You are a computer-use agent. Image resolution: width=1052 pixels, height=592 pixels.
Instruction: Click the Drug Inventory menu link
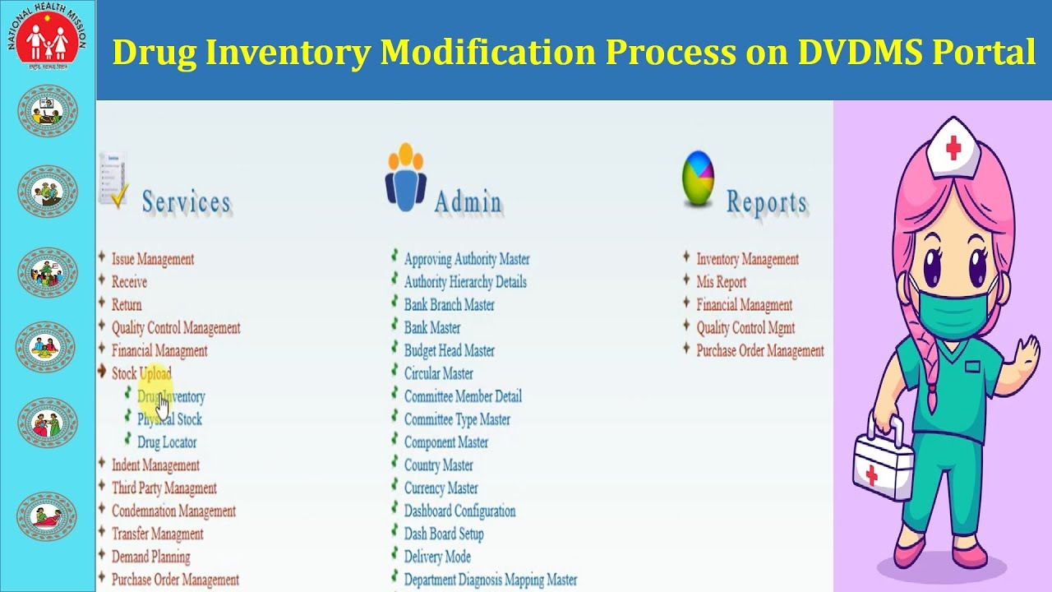pyautogui.click(x=171, y=396)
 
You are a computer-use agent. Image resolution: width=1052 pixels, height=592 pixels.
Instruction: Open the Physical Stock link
pyautogui.click(x=169, y=419)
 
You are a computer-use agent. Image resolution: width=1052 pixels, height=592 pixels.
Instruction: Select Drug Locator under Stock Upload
pyautogui.click(x=167, y=442)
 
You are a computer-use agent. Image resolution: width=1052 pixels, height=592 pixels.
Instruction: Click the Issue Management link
pyautogui.click(x=153, y=259)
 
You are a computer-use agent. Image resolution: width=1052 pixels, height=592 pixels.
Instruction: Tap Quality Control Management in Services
pyautogui.click(x=176, y=328)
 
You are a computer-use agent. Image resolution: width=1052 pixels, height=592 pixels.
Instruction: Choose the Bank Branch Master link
pyautogui.click(x=450, y=305)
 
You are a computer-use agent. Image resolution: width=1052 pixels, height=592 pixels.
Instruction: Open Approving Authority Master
pyautogui.click(x=467, y=259)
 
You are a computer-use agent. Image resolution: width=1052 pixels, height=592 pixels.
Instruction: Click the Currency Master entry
pyautogui.click(x=441, y=488)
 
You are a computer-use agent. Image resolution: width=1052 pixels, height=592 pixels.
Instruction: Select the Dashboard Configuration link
pyautogui.click(x=459, y=511)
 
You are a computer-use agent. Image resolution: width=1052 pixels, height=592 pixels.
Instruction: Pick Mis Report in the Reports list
pyautogui.click(x=721, y=282)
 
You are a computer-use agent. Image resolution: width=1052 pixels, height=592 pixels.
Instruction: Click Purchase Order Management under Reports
pyautogui.click(x=759, y=351)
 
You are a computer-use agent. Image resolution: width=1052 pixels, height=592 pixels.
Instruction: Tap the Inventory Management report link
pyautogui.click(x=747, y=259)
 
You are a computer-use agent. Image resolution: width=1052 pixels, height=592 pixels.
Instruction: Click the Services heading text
pyautogui.click(x=186, y=202)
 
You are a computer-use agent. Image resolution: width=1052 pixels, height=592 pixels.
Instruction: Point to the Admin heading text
pyautogui.click(x=467, y=202)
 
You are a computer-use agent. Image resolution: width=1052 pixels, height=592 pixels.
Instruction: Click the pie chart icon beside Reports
pyautogui.click(x=698, y=180)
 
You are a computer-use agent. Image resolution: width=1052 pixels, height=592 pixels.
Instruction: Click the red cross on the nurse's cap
pyautogui.click(x=953, y=148)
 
